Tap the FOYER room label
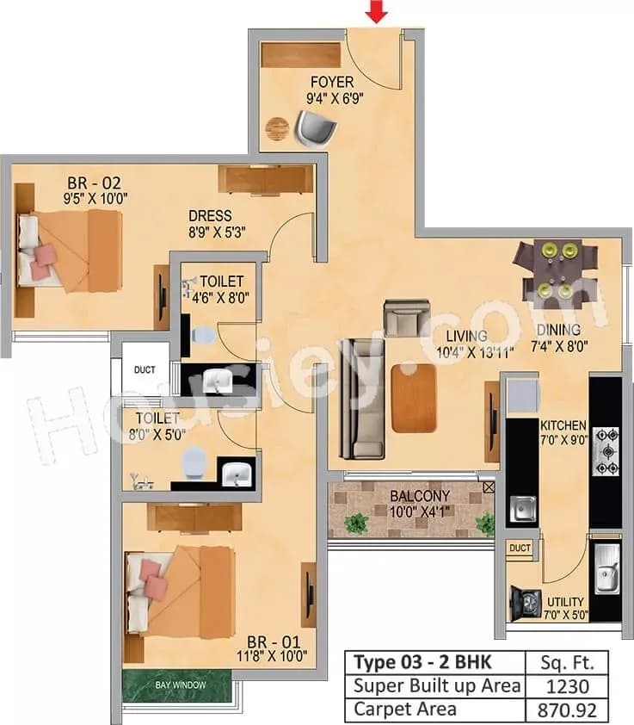click(331, 83)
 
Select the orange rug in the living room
click(414, 398)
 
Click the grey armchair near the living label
click(407, 318)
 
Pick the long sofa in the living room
click(359, 399)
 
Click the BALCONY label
click(420, 497)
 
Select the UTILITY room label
click(564, 602)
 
